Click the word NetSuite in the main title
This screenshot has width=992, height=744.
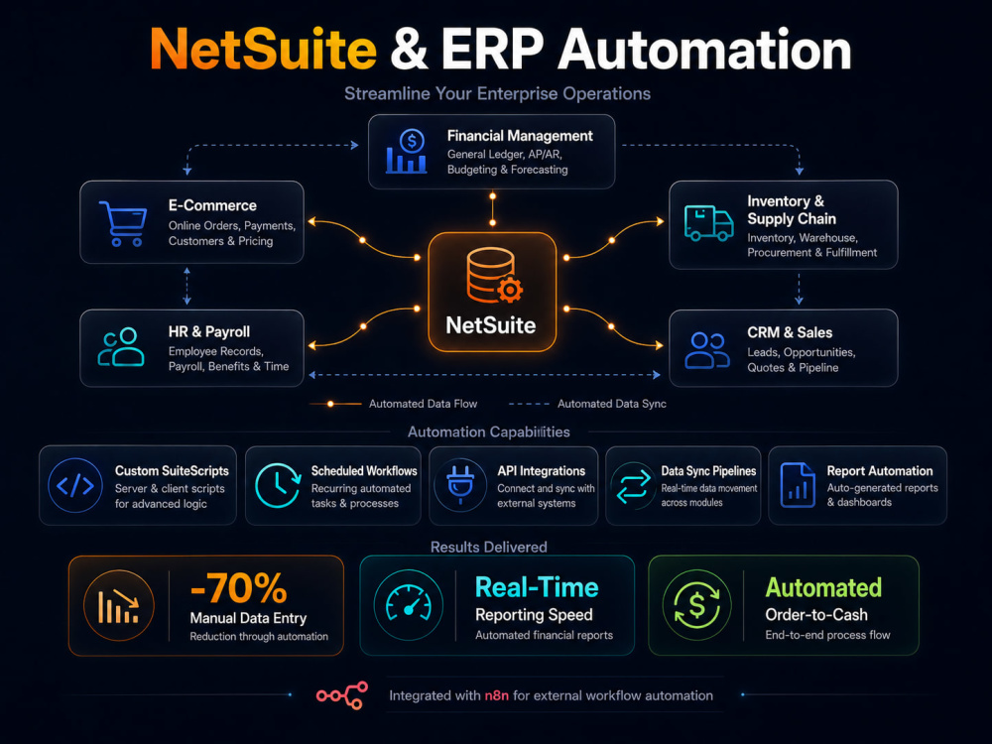[263, 50]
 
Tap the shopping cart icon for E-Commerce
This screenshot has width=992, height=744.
[123, 223]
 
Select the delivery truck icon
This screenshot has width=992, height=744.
[708, 223]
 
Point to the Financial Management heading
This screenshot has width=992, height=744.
[520, 136]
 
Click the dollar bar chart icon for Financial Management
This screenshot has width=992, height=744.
[406, 152]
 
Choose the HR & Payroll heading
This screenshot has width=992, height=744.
[208, 332]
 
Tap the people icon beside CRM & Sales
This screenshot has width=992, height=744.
[707, 350]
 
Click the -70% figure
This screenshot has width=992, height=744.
[238, 589]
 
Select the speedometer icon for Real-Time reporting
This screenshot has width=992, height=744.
[408, 604]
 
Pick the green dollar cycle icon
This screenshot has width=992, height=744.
[696, 604]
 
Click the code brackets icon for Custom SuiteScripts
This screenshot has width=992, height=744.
[75, 485]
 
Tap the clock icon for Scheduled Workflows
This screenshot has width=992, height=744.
[278, 485]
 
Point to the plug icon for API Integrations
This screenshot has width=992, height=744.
[460, 485]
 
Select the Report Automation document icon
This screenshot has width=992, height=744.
[798, 485]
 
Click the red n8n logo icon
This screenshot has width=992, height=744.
[342, 695]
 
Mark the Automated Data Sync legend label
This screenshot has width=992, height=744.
[612, 404]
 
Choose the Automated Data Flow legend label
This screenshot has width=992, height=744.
[424, 404]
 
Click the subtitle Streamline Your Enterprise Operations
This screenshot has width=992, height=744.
[497, 93]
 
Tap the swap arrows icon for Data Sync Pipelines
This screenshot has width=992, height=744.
[633, 486]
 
